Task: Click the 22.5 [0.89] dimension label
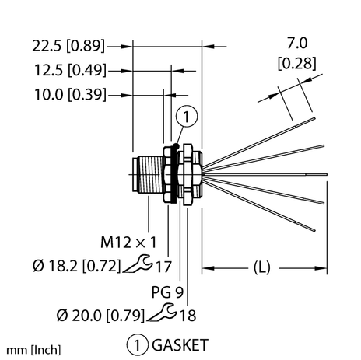pos(68,46)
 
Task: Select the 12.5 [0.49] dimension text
pos(70,70)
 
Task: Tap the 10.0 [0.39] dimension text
pos(70,94)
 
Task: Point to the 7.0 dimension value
pos(297,44)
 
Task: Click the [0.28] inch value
pos(297,63)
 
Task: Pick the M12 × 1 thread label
pos(128,243)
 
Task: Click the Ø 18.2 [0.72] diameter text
pos(77,266)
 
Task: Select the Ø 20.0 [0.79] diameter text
pos(100,316)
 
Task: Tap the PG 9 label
pos(167,292)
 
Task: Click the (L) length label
pos(261,267)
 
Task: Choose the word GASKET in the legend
pos(180,345)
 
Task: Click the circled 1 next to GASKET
pos(138,344)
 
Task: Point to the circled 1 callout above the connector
pos(187,117)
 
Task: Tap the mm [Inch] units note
pos(33,350)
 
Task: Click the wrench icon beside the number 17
pos(137,264)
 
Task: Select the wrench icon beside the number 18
pos(162,313)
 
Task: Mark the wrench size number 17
pos(163,267)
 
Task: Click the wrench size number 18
pos(188,316)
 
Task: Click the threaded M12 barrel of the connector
pos(150,174)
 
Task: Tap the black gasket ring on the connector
pos(173,174)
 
